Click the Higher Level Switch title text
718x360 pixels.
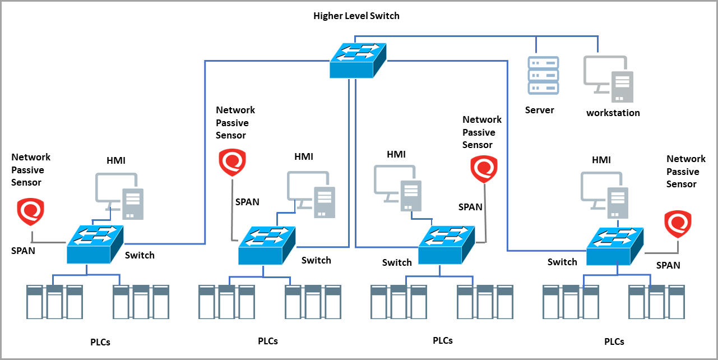[356, 16]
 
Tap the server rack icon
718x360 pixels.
[543, 75]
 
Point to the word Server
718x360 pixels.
[539, 110]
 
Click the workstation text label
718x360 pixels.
[613, 113]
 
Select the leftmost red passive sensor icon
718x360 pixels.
[31, 212]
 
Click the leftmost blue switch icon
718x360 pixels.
[94, 244]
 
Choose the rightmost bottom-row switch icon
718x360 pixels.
[614, 246]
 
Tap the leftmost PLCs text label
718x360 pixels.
[100, 341]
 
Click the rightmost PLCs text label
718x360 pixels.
[614, 341]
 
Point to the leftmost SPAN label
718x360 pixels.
[23, 251]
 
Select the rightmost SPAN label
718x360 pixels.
[668, 265]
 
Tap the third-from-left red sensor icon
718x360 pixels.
[484, 169]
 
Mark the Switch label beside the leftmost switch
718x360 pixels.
[139, 255]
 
